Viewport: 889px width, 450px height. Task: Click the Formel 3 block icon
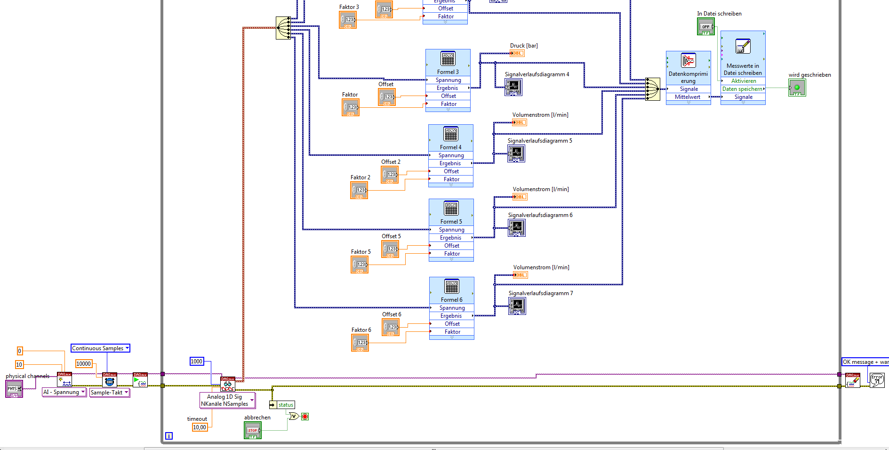448,59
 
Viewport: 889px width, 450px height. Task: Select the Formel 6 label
451,300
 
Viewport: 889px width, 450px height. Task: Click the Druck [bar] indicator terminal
517,53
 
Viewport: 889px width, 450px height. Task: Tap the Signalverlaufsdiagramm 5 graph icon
516,153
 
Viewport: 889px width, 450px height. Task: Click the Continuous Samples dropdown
100,348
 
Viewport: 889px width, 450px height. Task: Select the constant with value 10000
84,364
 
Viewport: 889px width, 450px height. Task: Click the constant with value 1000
196,362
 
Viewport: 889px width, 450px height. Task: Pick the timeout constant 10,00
200,427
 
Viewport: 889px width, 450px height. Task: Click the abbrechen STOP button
253,430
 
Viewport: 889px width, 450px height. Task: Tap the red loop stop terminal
305,417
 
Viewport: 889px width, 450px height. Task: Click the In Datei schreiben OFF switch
705,27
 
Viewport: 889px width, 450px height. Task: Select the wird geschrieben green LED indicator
797,88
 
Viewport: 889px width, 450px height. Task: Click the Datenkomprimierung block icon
688,61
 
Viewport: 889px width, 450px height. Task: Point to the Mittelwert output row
688,97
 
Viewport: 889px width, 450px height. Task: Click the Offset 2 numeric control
390,175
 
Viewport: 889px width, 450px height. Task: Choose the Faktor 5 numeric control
360,265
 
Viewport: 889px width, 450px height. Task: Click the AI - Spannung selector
64,392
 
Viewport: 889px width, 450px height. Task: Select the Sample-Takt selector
109,393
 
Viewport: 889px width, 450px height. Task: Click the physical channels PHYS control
14,389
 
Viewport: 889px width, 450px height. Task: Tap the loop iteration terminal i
169,436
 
